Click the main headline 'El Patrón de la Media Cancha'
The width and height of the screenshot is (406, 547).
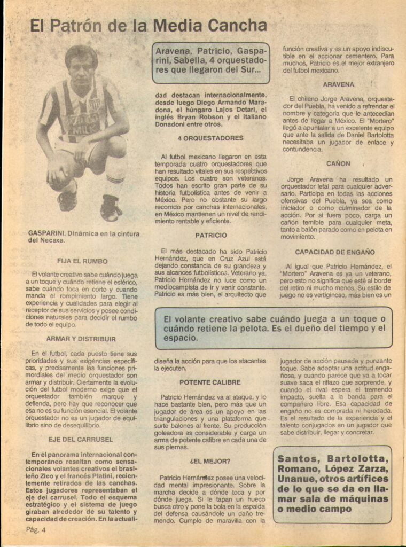point(148,26)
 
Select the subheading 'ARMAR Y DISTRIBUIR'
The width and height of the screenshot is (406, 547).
point(81,339)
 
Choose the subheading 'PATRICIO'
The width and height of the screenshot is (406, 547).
point(210,235)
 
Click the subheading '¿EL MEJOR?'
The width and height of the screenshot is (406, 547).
point(210,460)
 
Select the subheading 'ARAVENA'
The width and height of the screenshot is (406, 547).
point(338,84)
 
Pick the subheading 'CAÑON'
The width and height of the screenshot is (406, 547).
point(338,163)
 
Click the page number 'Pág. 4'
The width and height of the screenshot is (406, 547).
point(36,530)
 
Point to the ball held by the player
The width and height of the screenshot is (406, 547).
point(60,174)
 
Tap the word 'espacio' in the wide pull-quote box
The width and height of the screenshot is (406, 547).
point(181,338)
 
